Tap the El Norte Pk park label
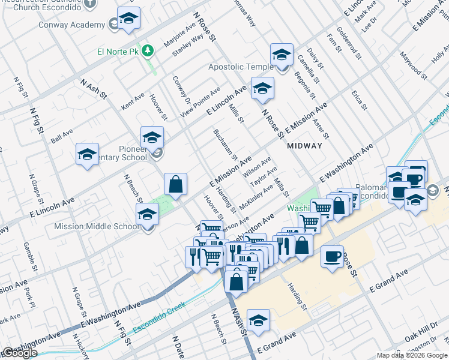(120, 52)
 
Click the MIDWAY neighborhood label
(304, 146)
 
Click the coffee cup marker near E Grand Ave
(332, 256)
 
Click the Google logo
(19, 353)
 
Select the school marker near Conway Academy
(128, 18)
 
